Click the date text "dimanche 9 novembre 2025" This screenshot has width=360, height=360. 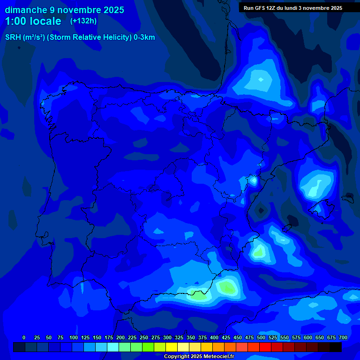pyautogui.click(x=64, y=10)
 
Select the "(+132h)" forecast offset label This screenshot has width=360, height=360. pyautogui.click(x=83, y=21)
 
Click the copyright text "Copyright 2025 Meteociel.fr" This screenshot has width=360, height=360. pyautogui.click(x=199, y=357)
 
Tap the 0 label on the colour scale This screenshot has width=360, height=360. pyautogui.click(x=24, y=337)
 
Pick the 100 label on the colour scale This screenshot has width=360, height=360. pyautogui.click(x=74, y=337)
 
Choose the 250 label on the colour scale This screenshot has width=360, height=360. pyautogui.click(x=144, y=337)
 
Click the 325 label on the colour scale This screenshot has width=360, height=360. pyautogui.click(x=179, y=337)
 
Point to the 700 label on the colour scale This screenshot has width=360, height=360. pyautogui.click(x=343, y=337)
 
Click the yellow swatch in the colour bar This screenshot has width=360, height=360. pyautogui.click(x=172, y=347)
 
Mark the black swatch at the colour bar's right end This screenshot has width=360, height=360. pyautogui.click(x=336, y=347)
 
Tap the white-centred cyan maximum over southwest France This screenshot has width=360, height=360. pyautogui.click(x=261, y=79)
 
